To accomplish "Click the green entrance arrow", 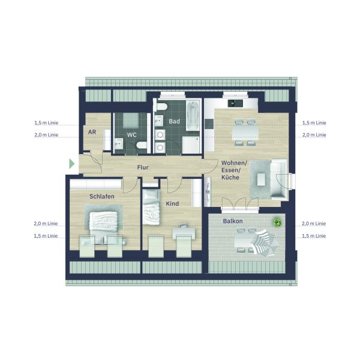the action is click(x=72, y=164).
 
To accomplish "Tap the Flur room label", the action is click(x=143, y=167).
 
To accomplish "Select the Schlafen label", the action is click(x=102, y=197).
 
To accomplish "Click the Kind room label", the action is click(x=172, y=203).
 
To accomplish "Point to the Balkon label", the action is click(x=233, y=221).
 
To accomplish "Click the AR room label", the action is click(x=92, y=132).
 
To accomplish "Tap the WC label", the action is click(x=132, y=135).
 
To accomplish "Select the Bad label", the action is click(x=174, y=121).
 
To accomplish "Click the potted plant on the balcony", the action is click(x=277, y=222).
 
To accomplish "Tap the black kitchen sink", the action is click(x=235, y=103).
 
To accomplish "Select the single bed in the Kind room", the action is click(x=151, y=207).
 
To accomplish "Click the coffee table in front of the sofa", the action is click(x=261, y=179).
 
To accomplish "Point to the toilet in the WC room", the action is click(x=141, y=145).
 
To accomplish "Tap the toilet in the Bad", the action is click(x=161, y=107).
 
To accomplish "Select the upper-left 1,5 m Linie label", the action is click(x=46, y=123).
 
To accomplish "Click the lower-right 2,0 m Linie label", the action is click(x=314, y=223).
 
